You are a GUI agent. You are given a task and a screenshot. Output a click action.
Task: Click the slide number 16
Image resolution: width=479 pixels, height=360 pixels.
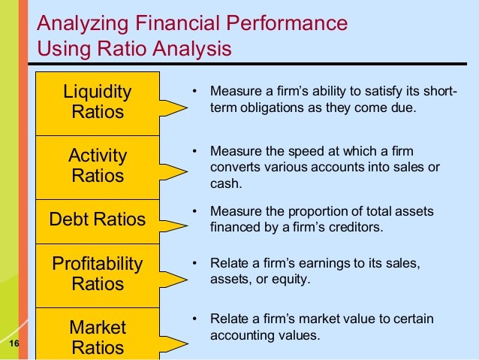pyautogui.click(x=14, y=343)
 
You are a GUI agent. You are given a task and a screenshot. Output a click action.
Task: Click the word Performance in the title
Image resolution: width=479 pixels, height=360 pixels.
pyautogui.click(x=287, y=23)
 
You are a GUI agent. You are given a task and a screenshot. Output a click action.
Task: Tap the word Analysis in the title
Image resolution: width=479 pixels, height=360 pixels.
pyautogui.click(x=192, y=49)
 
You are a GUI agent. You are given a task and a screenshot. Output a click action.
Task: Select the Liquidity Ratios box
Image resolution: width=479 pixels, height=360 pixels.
pyautogui.click(x=98, y=104)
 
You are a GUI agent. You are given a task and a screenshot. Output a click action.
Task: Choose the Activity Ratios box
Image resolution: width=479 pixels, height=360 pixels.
pyautogui.click(x=98, y=168)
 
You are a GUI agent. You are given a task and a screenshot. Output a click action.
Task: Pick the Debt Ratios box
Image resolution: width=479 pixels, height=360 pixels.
pyautogui.click(x=98, y=222)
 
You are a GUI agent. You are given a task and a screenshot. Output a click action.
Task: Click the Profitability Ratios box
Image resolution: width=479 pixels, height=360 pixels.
pyautogui.click(x=98, y=276)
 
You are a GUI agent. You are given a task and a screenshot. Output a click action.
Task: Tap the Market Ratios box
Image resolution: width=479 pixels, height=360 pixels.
pyautogui.click(x=98, y=334)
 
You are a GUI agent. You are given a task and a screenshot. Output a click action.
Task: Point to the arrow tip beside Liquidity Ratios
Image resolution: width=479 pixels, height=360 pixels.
pyautogui.click(x=187, y=107)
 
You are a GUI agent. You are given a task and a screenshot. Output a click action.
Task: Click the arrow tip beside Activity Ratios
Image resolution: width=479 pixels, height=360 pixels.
pyautogui.click(x=187, y=171)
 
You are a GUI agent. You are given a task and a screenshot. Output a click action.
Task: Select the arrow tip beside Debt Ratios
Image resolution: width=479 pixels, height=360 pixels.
pyautogui.click(x=187, y=226)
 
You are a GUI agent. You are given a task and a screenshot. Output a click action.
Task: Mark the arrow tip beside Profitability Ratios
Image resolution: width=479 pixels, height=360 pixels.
pyautogui.click(x=187, y=280)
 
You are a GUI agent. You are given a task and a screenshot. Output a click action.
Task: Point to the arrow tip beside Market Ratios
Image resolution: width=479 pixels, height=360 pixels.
pyautogui.click(x=187, y=343)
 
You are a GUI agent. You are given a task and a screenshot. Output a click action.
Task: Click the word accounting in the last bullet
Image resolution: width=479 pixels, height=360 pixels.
pyautogui.click(x=238, y=335)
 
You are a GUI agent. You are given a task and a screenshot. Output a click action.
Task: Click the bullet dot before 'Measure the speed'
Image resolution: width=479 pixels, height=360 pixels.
pyautogui.click(x=194, y=151)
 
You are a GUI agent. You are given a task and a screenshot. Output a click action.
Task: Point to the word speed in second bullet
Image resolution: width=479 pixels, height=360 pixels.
pyautogui.click(x=307, y=152)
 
